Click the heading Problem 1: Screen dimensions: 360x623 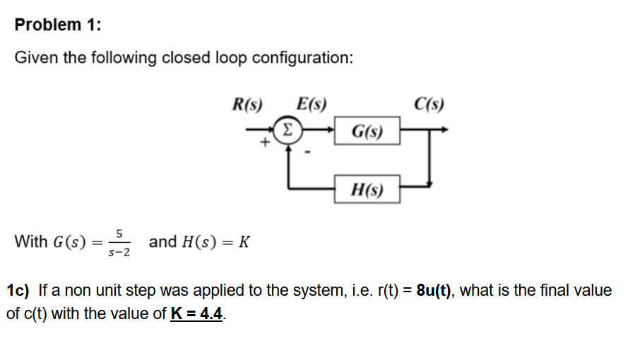58,25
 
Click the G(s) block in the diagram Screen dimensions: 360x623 368,131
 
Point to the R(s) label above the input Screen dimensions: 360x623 247,104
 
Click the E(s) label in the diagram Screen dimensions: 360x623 311,104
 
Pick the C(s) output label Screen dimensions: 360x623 430,104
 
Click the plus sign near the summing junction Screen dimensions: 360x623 264,143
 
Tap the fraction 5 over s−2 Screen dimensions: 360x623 120,242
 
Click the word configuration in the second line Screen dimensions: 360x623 299,58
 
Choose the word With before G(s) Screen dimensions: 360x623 31,241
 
